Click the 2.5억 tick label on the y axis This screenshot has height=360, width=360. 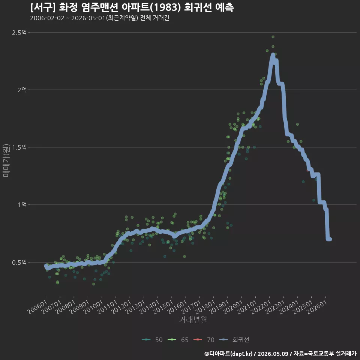pos(19,32)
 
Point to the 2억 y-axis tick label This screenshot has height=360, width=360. pos(22,90)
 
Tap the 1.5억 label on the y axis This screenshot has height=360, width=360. pos(19,147)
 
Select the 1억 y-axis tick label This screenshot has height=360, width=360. pos(22,205)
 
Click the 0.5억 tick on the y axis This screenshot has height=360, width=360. pos(19,262)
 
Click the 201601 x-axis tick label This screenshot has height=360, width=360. pos(177,307)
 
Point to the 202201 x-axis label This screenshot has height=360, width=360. pos(261,307)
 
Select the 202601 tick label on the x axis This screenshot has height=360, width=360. pos(317,307)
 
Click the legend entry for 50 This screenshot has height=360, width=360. pos(152,340)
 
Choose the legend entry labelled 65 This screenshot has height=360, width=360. pos(178,340)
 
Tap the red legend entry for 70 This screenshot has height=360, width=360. pos(204,340)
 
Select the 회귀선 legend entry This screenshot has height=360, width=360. pos(234,340)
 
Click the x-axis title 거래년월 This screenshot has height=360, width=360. pos(193,319)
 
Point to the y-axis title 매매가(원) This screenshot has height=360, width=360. pos(6,161)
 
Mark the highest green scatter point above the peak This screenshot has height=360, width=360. pos(273,37)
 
